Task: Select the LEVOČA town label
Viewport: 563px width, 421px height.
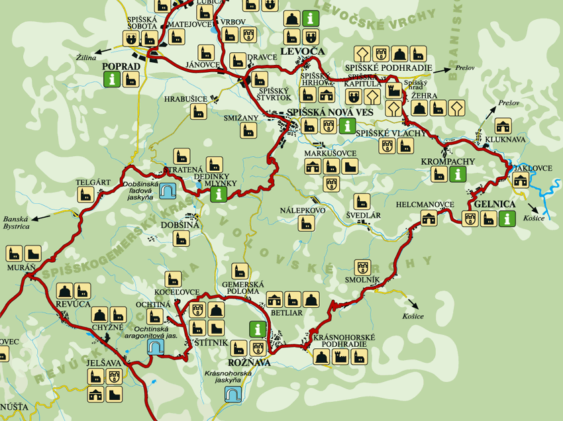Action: coord(302,51)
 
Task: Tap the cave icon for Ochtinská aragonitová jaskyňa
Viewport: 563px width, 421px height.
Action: coord(156,347)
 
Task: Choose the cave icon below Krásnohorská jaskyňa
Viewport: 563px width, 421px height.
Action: coord(232,395)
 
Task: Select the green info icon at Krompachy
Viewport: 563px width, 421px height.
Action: coord(456,174)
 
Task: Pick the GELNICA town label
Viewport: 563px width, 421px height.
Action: coord(494,205)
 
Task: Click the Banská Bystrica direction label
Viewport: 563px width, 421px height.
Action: coord(17,222)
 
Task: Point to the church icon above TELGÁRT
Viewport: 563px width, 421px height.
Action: coord(85,194)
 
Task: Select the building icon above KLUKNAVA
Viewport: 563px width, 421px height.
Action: coord(503,126)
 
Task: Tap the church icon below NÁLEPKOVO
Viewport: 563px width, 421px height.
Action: coord(305,223)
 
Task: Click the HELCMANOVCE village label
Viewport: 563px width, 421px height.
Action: coord(425,205)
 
